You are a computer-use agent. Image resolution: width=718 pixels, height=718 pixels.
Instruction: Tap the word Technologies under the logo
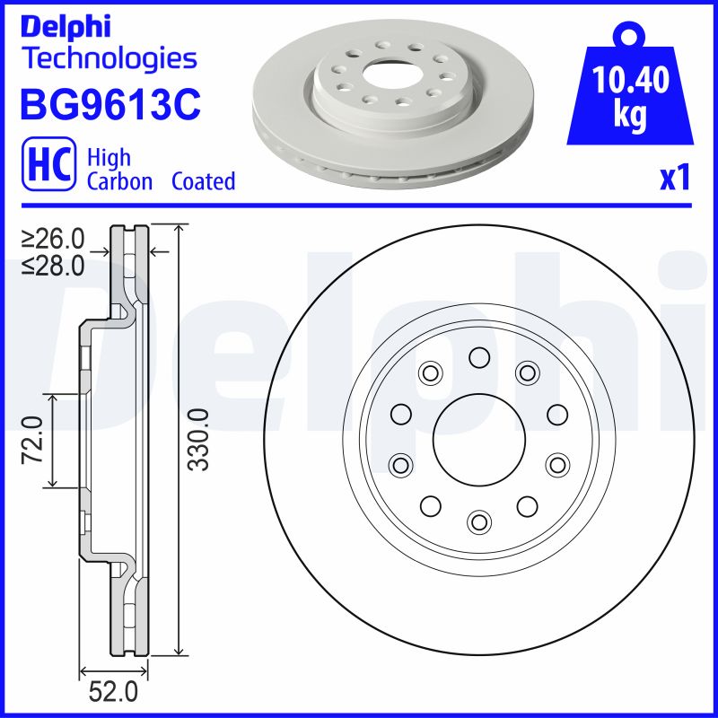click(x=108, y=59)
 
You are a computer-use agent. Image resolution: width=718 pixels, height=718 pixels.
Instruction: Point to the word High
click(x=109, y=158)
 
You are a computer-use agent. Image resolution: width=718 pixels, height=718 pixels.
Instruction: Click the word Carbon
click(x=121, y=181)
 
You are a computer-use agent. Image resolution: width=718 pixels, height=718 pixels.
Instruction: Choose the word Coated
click(x=203, y=181)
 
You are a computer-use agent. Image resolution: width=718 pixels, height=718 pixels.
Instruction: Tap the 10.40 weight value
click(x=632, y=83)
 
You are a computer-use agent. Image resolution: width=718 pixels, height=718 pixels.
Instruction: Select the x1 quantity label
click(x=674, y=179)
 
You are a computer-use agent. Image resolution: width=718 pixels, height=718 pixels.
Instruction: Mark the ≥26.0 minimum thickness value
click(x=53, y=239)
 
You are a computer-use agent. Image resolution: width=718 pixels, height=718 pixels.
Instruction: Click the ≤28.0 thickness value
click(x=53, y=265)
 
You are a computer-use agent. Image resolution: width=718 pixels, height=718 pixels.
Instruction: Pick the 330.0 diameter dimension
click(x=199, y=439)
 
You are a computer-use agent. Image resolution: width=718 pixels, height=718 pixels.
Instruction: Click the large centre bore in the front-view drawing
click(x=479, y=439)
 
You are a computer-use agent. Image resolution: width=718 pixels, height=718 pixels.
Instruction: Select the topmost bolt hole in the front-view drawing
click(x=479, y=359)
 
